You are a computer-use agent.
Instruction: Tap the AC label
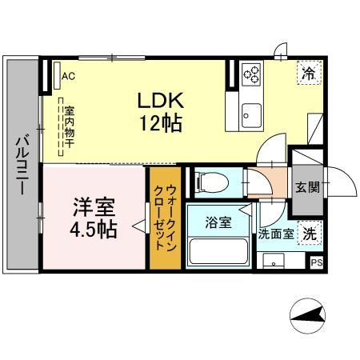click(67, 77)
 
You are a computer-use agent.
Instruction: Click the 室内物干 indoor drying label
click(69, 125)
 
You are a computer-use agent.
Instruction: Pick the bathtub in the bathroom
click(218, 251)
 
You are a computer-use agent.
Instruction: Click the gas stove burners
click(253, 74)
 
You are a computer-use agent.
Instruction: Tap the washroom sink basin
click(274, 261)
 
